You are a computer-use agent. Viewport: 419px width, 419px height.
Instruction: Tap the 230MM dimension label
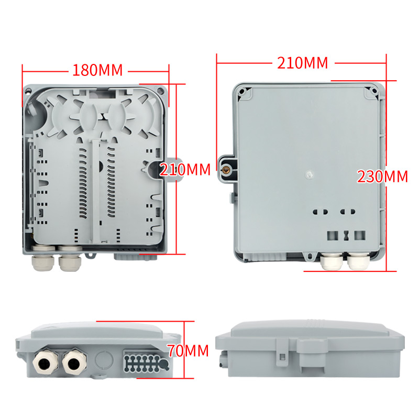coord(382,177)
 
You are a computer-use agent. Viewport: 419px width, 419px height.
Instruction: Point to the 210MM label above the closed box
coord(302,63)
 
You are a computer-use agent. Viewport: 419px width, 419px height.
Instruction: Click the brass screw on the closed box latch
coord(226,169)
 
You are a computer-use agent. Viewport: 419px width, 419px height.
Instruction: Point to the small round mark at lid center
coord(309,174)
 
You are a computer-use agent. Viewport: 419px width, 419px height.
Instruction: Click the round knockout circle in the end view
coord(104,360)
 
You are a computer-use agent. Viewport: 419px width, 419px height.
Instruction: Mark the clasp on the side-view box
coord(281,352)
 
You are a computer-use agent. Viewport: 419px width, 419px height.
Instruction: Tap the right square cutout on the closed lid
coord(359,235)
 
